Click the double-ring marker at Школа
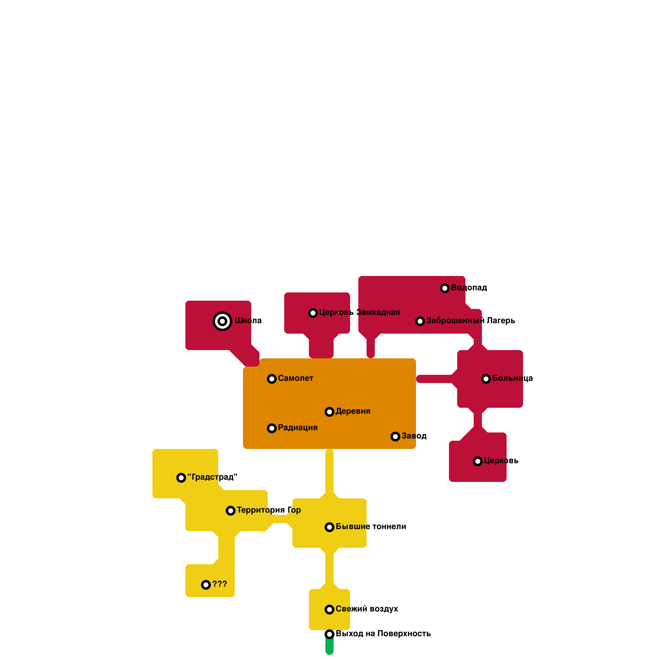[x=222, y=321]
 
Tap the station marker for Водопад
[x=445, y=288]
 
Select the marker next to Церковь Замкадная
[x=313, y=313]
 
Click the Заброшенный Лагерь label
[x=470, y=320]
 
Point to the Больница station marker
[x=486, y=379]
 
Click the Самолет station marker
[x=272, y=379]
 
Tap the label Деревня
[x=353, y=411]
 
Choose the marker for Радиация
[x=272, y=428]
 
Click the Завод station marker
[x=395, y=437]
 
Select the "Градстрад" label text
[x=212, y=477]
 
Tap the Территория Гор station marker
[x=231, y=511]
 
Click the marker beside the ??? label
[x=206, y=585]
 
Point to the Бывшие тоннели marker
[x=329, y=527]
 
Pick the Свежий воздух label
[x=367, y=609]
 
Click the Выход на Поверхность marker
[x=329, y=634]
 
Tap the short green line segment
[x=329, y=647]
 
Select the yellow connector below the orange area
[x=329, y=472]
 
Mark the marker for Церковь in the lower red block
[x=478, y=461]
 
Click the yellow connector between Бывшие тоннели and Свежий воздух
[x=329, y=568]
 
